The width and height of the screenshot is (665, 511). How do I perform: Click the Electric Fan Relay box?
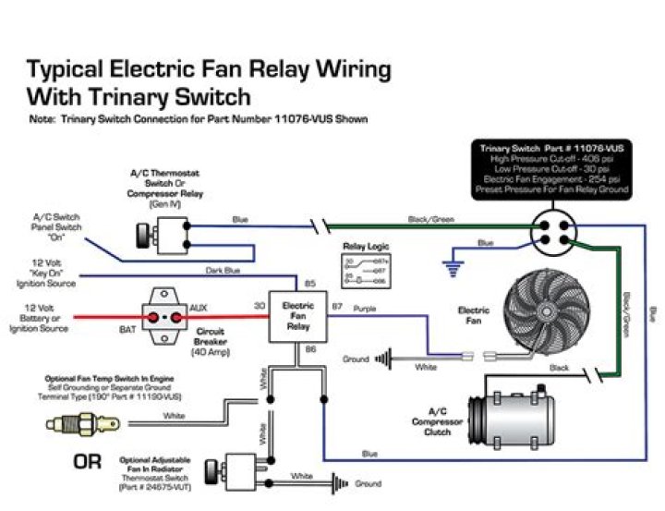297,316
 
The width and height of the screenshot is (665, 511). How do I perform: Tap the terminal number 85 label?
310,284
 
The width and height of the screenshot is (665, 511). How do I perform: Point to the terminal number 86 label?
310,349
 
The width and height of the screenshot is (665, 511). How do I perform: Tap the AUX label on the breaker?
197,306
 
